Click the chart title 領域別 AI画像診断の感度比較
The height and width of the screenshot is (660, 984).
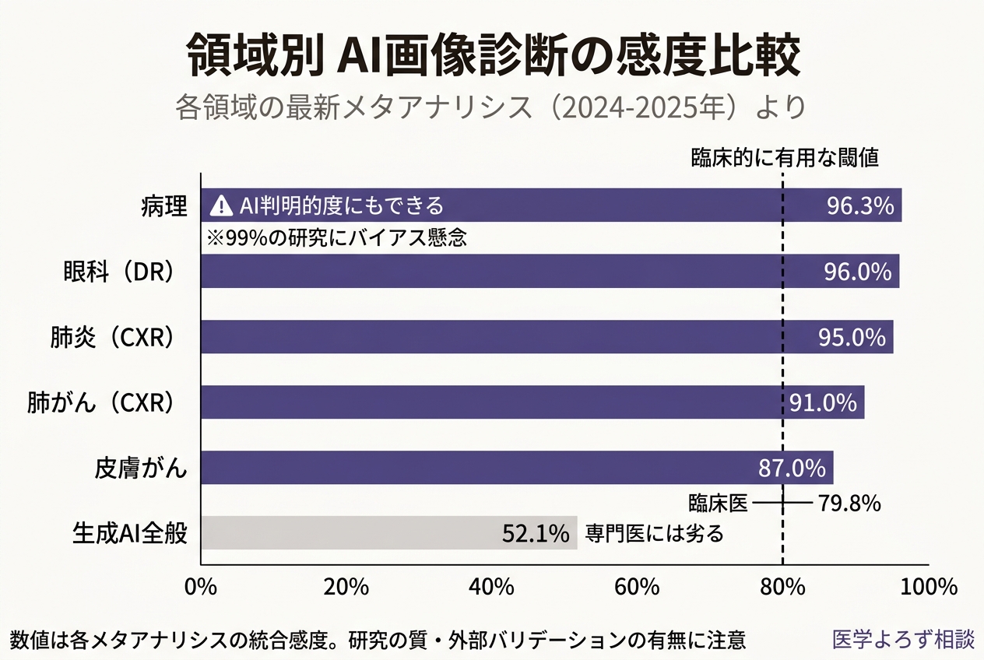(493, 57)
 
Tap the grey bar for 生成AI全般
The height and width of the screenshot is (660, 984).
(388, 533)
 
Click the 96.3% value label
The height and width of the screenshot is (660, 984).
(859, 206)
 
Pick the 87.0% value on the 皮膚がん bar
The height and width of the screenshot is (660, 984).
(791, 469)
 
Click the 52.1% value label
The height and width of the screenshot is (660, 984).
(536, 534)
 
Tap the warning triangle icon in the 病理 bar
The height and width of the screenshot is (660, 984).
(222, 206)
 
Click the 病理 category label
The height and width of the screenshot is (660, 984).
(164, 207)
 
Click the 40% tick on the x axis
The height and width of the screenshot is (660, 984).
(491, 587)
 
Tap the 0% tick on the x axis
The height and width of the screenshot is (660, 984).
(201, 587)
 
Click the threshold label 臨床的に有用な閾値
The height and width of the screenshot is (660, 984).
(785, 158)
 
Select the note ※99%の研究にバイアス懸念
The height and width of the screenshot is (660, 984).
(336, 238)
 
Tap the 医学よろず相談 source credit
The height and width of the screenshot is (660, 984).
(902, 640)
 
